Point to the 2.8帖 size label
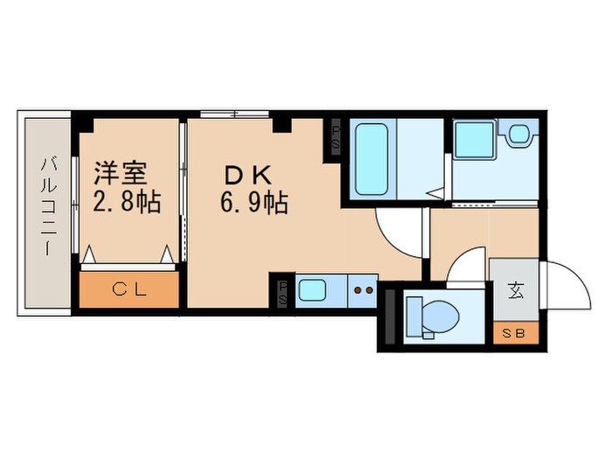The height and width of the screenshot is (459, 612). click(126, 203)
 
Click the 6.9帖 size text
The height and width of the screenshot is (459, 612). click(254, 203)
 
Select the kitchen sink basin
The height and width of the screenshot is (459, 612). click(311, 289)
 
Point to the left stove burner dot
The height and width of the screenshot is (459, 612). click(357, 289)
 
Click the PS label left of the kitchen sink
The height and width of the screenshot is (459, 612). click(283, 290)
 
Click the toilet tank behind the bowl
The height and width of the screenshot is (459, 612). click(411, 315)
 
